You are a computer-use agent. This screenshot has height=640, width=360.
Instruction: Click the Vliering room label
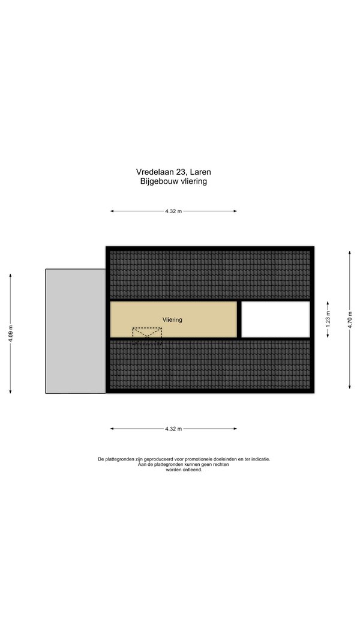(x=172, y=319)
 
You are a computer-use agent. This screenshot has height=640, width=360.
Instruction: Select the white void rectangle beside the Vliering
(x=275, y=319)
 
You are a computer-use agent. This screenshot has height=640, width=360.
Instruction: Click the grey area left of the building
(x=76, y=331)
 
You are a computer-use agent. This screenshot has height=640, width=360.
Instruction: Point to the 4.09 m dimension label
(x=11, y=333)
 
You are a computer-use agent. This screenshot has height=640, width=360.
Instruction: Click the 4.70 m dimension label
(x=349, y=319)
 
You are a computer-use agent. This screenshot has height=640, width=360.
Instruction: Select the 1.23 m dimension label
(x=328, y=319)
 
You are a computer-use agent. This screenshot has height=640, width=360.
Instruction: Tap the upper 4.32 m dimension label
(x=173, y=211)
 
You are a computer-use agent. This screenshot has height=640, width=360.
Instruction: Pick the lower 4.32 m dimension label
(x=173, y=429)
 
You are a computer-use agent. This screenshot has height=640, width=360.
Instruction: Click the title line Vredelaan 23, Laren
(x=173, y=172)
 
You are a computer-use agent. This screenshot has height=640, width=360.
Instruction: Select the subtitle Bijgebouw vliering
(x=173, y=181)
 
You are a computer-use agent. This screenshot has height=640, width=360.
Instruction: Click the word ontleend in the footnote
(x=193, y=470)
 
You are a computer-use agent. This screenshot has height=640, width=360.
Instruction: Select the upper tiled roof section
(x=210, y=274)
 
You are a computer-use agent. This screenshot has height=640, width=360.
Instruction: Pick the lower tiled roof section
(x=210, y=364)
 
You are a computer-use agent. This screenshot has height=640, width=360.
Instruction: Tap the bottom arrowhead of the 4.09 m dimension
(x=11, y=391)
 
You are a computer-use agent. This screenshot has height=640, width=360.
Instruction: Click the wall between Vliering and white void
(x=239, y=319)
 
